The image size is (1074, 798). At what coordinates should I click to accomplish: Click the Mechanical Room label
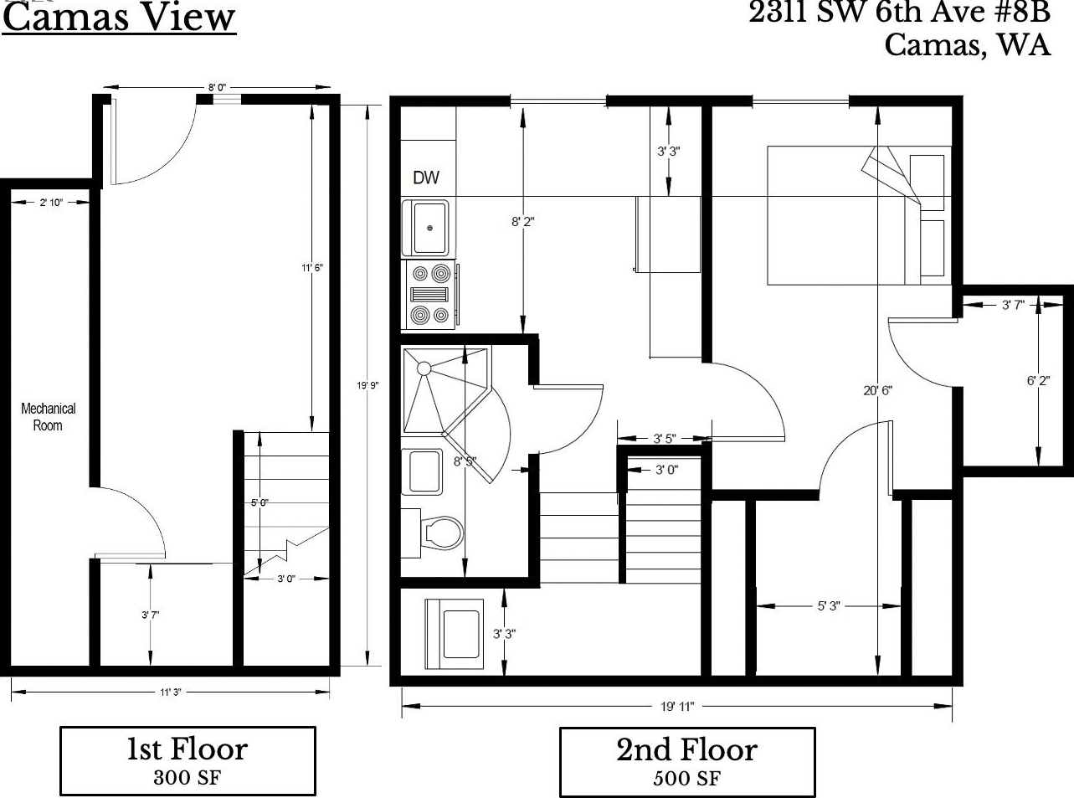[x=48, y=417]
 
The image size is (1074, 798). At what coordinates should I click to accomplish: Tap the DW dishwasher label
[x=426, y=178]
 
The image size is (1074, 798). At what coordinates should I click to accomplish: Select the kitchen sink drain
[x=429, y=228]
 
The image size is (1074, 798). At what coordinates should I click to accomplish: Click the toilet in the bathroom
[x=441, y=533]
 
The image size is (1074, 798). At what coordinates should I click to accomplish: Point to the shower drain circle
[x=424, y=368]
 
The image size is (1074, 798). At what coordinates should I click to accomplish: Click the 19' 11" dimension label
[x=677, y=707]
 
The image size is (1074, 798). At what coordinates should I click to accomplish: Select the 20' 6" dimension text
[x=877, y=390]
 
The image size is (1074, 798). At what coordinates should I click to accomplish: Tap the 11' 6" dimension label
[x=312, y=267]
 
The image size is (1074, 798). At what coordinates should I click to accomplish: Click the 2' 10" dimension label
[x=51, y=203]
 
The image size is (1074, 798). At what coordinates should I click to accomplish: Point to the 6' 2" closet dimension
[x=1038, y=381]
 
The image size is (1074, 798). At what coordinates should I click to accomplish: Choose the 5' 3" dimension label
[x=829, y=606]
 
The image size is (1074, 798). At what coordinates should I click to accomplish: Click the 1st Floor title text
[x=188, y=749]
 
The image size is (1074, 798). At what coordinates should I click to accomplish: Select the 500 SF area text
[x=686, y=779]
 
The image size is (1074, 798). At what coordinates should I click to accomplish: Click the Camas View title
[x=119, y=18]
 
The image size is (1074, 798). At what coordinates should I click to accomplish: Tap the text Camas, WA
[x=968, y=45]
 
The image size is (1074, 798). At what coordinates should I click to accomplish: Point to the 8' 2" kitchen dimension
[x=522, y=222]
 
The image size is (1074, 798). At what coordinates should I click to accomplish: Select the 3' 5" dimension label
[x=665, y=439]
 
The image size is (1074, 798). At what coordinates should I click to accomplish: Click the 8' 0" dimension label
[x=217, y=88]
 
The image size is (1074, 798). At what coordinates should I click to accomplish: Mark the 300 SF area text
[x=187, y=778]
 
